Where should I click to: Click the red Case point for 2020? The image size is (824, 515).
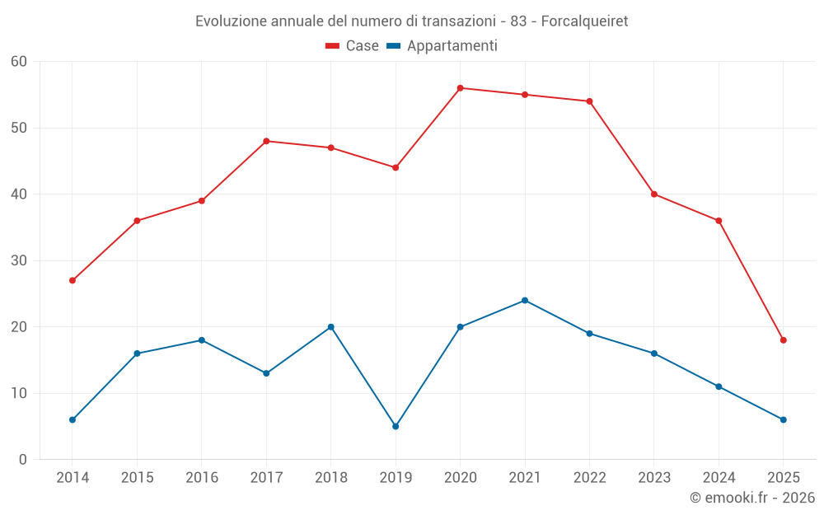(460, 88)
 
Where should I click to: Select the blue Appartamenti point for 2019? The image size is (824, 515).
(396, 426)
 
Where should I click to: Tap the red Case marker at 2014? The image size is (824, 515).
(73, 280)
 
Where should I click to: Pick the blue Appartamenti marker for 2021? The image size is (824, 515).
(525, 300)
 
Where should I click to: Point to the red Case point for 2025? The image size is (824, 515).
(783, 340)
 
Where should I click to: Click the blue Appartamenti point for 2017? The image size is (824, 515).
(266, 373)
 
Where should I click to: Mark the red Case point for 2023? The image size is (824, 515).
(654, 194)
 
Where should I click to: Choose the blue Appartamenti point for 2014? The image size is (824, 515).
(73, 419)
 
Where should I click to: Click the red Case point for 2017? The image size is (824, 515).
(266, 141)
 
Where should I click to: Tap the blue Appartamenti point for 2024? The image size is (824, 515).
(719, 386)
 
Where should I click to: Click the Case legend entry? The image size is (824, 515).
(353, 46)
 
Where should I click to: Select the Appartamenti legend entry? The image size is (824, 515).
(442, 46)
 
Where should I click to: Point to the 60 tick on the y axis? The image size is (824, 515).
(19, 62)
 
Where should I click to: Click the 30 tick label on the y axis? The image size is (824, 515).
(19, 260)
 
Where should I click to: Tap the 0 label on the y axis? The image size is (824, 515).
(23, 460)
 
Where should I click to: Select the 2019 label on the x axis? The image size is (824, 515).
(396, 478)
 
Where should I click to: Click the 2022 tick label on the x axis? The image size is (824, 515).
(589, 478)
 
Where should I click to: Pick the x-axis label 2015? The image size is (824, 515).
(137, 478)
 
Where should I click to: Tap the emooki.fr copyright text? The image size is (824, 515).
(752, 498)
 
